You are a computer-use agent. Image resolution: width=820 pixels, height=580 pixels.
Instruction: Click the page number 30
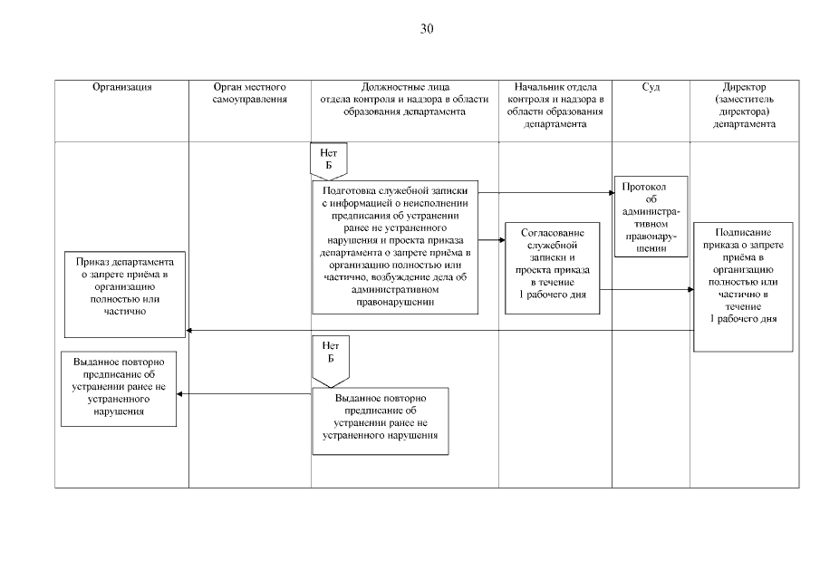(427, 29)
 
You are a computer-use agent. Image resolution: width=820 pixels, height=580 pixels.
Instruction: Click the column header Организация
(121, 87)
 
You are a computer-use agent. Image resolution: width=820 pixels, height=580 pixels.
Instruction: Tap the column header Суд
(651, 87)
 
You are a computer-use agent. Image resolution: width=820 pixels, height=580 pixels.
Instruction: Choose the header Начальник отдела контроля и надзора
(555, 105)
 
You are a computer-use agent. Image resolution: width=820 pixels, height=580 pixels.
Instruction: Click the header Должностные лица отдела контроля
(404, 99)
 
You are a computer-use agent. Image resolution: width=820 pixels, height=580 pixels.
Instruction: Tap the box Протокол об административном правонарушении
(651, 217)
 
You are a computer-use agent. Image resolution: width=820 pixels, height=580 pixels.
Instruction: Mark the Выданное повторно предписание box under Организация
(119, 388)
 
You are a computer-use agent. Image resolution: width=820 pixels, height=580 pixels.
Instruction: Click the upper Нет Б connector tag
(329, 160)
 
